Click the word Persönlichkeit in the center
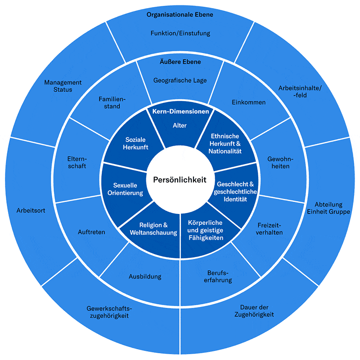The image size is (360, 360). [180, 180]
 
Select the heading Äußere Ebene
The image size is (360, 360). [180, 62]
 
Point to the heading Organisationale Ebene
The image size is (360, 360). [180, 15]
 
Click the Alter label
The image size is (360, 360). [180, 125]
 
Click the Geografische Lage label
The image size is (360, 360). [180, 80]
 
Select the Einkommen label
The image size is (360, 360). [248, 102]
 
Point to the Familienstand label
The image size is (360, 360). [109, 102]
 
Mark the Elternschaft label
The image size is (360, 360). [76, 162]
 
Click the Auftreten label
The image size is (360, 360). [91, 232]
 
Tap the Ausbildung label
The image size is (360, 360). [145, 276]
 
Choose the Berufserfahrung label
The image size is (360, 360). [219, 276]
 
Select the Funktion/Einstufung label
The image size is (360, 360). [180, 33]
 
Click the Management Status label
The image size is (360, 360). [63, 86]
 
